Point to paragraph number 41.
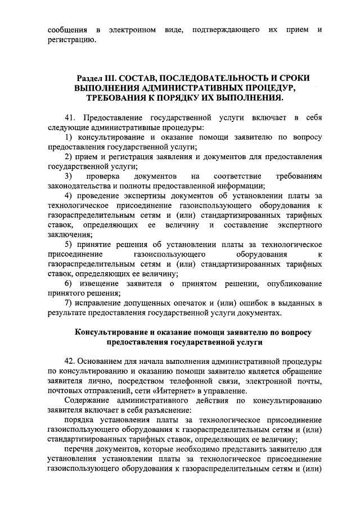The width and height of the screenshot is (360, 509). tap(71, 119)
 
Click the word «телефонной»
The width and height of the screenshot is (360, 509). tap(201, 382)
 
